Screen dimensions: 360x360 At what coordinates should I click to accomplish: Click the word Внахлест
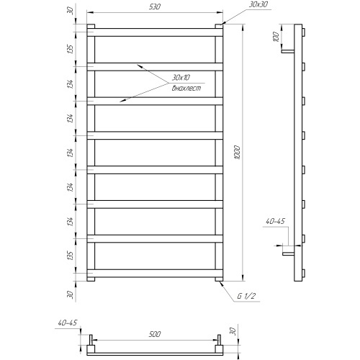[x=185, y=88]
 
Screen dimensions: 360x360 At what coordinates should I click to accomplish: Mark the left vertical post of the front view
[x=92, y=153]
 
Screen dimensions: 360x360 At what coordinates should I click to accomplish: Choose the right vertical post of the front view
[x=218, y=153]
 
